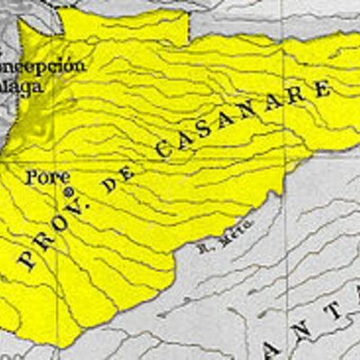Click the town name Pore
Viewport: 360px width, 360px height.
49,176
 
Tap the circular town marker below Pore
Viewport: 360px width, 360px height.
66,192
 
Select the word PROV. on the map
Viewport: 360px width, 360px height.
52,229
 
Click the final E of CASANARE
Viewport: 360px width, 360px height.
319,89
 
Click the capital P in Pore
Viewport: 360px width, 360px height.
34,176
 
